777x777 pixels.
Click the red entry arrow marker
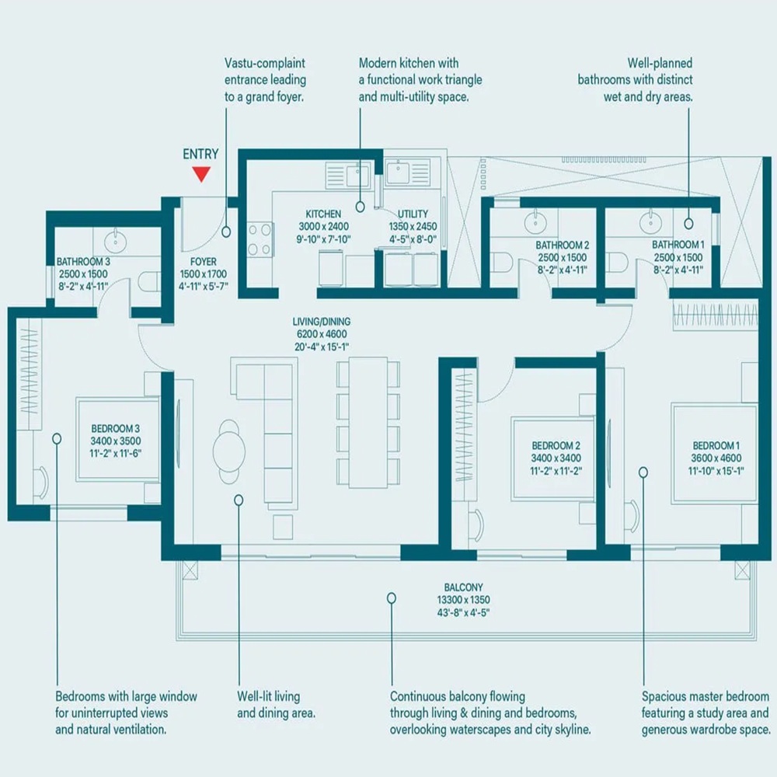point(201,174)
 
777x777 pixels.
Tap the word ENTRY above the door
point(200,155)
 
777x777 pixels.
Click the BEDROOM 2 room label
point(556,446)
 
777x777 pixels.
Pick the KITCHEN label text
point(323,214)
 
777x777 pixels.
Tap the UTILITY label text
point(413,214)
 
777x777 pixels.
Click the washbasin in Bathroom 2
point(535,223)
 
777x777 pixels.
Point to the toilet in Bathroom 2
point(503,263)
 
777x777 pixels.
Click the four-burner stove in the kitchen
point(260,240)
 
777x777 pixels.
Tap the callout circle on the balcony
point(392,598)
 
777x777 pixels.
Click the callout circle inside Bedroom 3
point(57,438)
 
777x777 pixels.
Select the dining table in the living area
point(368,422)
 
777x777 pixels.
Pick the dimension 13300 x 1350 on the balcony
point(463,600)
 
